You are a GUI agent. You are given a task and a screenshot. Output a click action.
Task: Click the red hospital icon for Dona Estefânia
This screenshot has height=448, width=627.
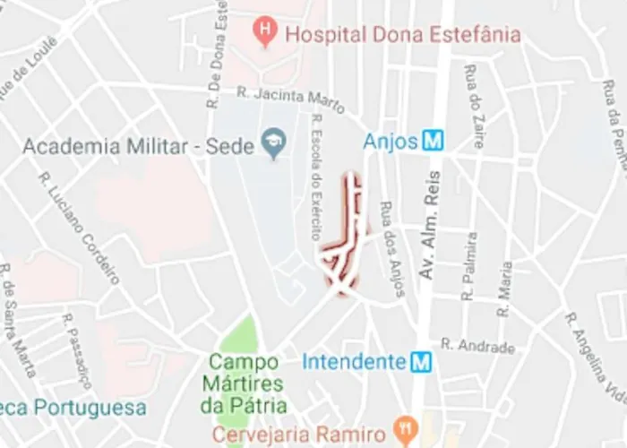coord(264,33)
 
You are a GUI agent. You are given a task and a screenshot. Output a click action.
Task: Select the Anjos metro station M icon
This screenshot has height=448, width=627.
coord(434,141)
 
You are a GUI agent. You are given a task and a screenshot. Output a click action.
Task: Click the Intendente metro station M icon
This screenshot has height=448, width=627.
coord(421,362)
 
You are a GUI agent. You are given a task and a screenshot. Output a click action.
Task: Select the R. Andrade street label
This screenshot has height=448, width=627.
coord(478,347)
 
